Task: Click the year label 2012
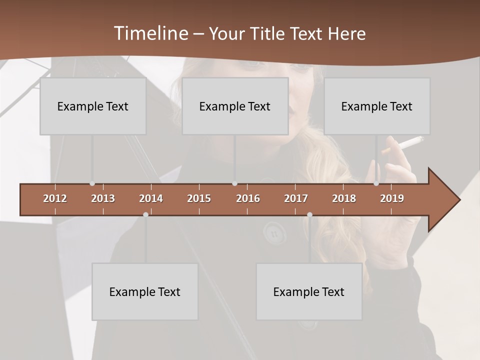[55, 198]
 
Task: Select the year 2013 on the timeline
[103, 198]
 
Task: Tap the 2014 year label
[151, 198]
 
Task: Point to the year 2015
[199, 198]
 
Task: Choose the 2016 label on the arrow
[248, 198]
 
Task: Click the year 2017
[296, 198]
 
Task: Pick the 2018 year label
[344, 198]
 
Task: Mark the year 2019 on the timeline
[392, 198]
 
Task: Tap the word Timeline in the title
[150, 33]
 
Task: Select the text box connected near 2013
[93, 106]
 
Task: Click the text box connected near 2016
[235, 106]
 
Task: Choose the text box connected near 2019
[377, 106]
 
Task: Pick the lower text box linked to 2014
[145, 291]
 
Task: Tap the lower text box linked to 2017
[309, 291]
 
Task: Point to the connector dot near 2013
[92, 183]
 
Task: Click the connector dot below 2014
[145, 214]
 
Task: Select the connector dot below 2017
[309, 214]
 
